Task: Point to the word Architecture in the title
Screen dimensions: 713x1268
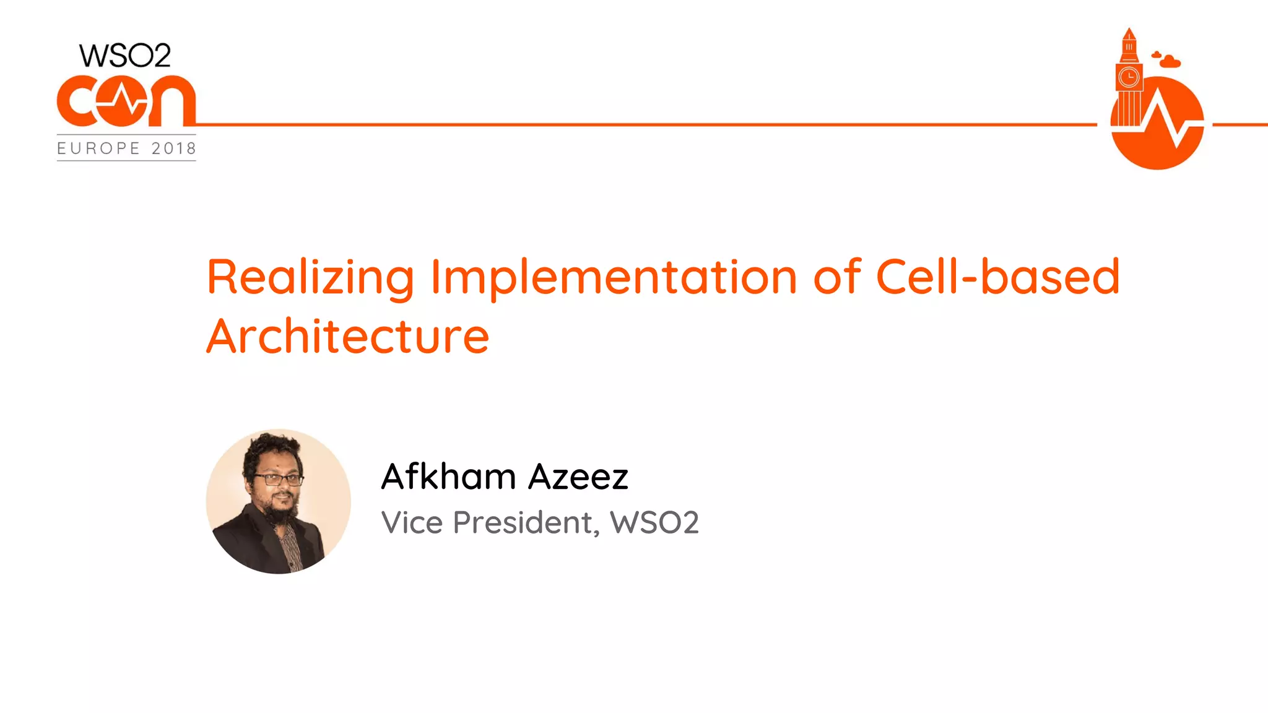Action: pos(347,337)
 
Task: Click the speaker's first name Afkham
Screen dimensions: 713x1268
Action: pos(448,477)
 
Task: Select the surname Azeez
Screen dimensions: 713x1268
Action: pos(578,477)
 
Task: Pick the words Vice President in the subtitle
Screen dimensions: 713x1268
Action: pos(490,522)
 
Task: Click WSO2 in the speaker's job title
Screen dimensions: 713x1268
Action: pos(654,522)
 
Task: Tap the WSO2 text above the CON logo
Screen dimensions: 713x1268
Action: pos(125,56)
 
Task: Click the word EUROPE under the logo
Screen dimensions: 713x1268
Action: pos(98,149)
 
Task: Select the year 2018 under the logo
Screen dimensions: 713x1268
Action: pos(174,149)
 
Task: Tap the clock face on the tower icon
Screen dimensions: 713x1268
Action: pos(1129,77)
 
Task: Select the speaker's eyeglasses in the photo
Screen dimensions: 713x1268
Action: pos(278,479)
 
